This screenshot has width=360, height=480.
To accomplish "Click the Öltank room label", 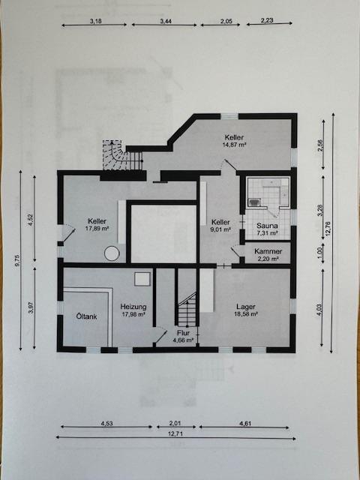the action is pos(87,316).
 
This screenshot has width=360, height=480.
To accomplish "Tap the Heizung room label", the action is pos(133,307).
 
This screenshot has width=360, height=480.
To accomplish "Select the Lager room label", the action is pos(246,307).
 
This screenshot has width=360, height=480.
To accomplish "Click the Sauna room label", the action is pos(267,226).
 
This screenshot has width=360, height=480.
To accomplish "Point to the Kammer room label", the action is pos(268,251).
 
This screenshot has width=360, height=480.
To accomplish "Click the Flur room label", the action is pos(184,333).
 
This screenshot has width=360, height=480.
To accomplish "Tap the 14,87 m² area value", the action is pos(235,145).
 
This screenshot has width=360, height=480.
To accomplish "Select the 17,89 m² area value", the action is pos(97,228).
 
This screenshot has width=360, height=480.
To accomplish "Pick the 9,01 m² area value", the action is pos(220,229).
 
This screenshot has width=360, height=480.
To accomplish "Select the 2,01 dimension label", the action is pos(175,423).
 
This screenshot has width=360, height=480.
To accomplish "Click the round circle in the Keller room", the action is pos(112,253).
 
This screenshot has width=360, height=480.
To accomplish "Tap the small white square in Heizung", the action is pos(142,279).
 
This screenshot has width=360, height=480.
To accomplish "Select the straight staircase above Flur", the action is pos(187,310).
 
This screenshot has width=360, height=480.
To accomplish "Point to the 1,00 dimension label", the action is pos(320,252).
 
